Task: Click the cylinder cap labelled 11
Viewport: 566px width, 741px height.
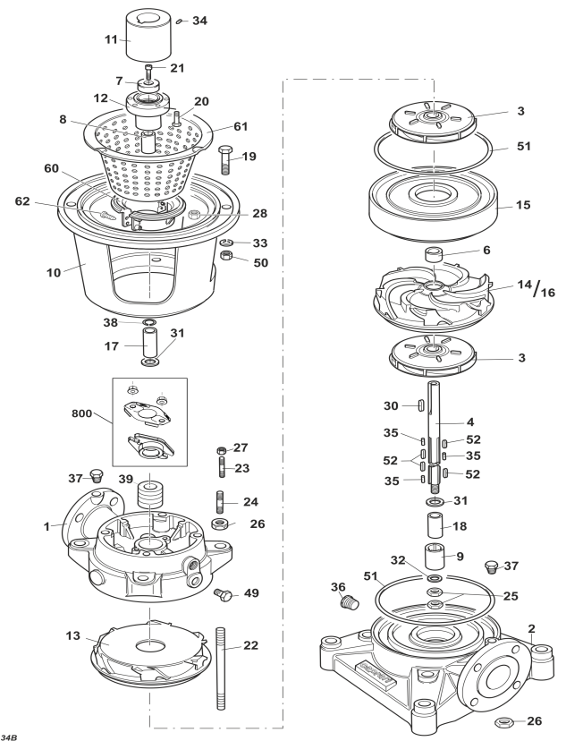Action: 143,36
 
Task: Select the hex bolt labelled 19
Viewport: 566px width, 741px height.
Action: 226,161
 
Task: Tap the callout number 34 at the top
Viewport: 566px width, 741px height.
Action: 199,21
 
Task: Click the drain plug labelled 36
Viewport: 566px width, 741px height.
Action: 350,602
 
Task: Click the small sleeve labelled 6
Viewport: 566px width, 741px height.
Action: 434,255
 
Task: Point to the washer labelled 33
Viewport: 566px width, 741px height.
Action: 227,243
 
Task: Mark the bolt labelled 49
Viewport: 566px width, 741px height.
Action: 224,594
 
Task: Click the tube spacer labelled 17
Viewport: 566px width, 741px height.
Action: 150,345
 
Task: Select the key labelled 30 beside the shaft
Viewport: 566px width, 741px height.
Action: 419,405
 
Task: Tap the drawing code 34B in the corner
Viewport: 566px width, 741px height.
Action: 10,737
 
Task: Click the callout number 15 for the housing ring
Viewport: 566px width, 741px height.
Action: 523,205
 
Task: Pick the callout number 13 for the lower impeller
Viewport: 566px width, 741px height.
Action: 72,636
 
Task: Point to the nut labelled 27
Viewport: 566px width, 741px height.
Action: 222,449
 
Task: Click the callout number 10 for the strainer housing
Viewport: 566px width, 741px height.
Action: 54,273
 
